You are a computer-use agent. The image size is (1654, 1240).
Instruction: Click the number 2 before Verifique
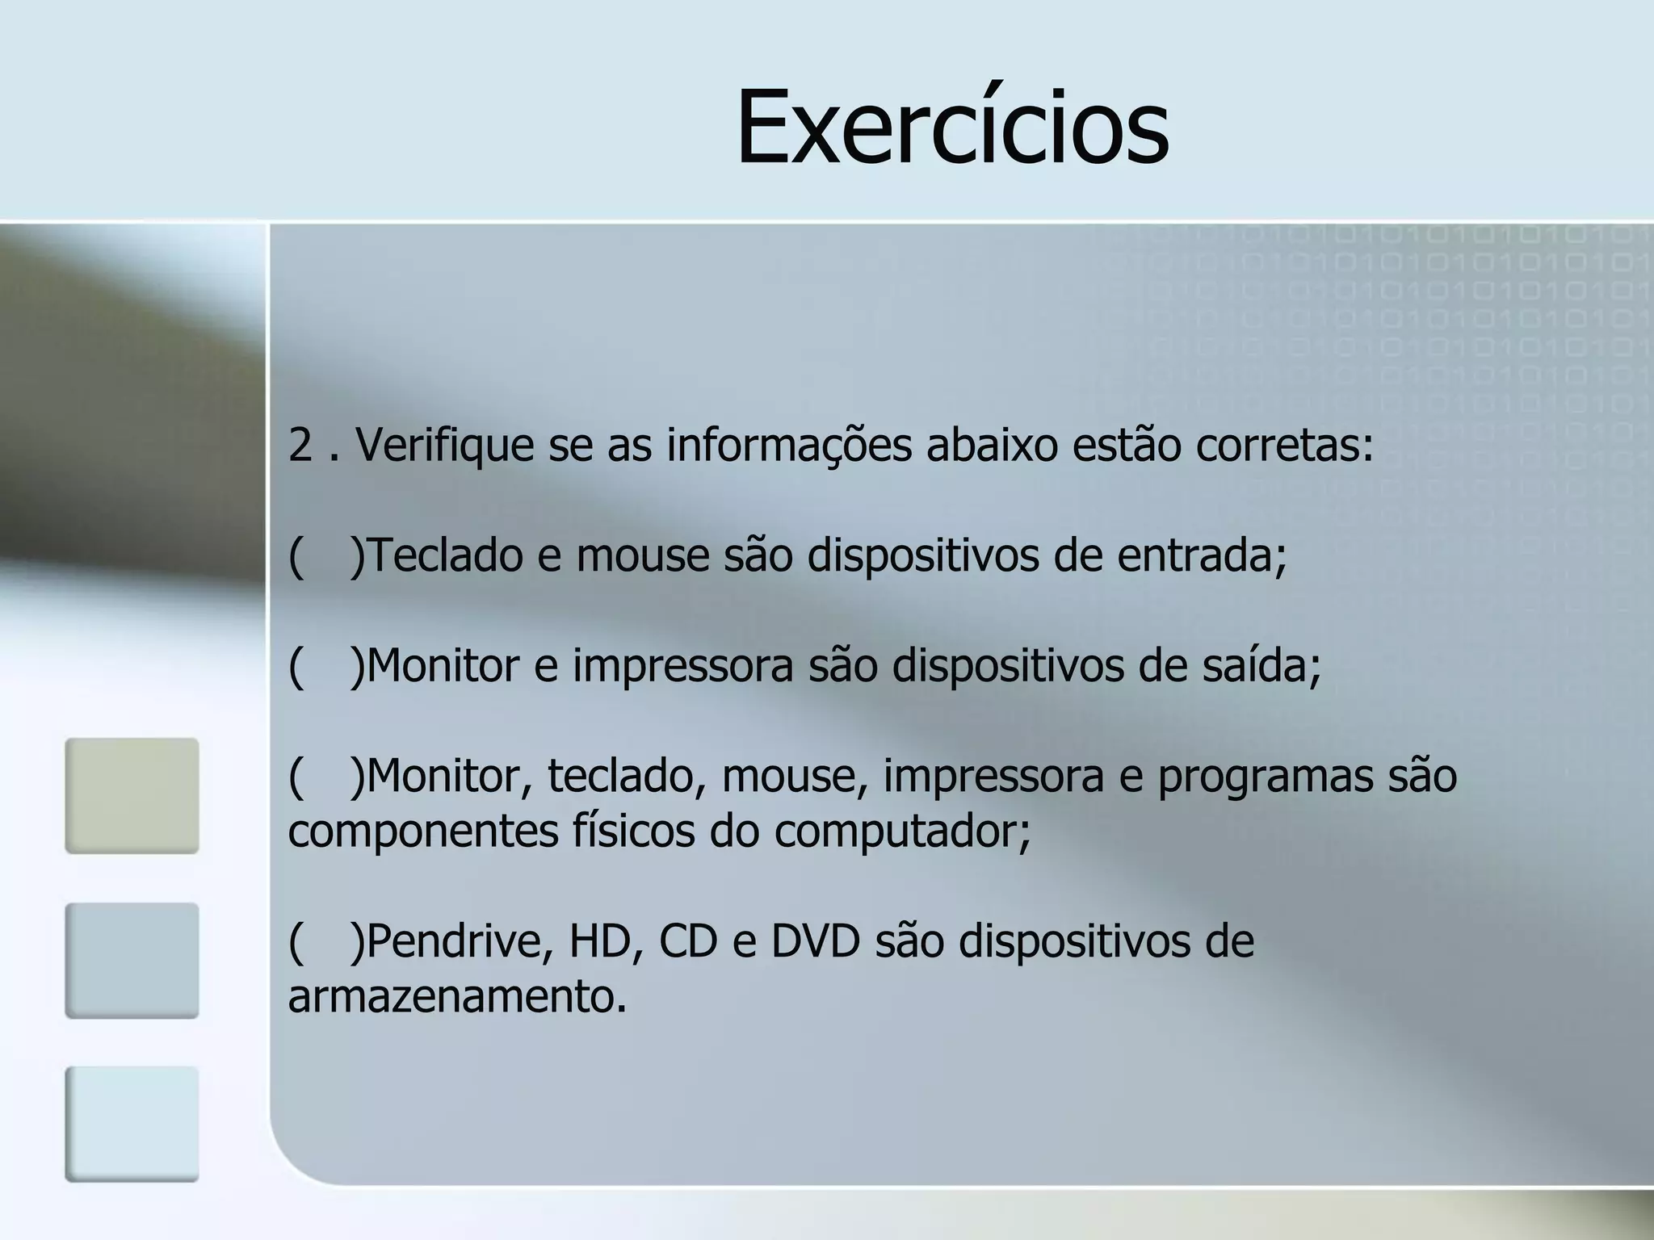[x=300, y=446]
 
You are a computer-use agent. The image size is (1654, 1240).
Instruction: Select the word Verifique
[x=444, y=446]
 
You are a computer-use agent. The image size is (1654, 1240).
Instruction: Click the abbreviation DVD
[x=815, y=942]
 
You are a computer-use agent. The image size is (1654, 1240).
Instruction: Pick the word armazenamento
[x=457, y=998]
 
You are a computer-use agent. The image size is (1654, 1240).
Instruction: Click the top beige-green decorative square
[x=132, y=796]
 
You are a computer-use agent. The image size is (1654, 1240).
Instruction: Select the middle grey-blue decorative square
[x=132, y=961]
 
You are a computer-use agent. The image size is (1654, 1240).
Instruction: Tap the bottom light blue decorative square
[x=132, y=1125]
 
